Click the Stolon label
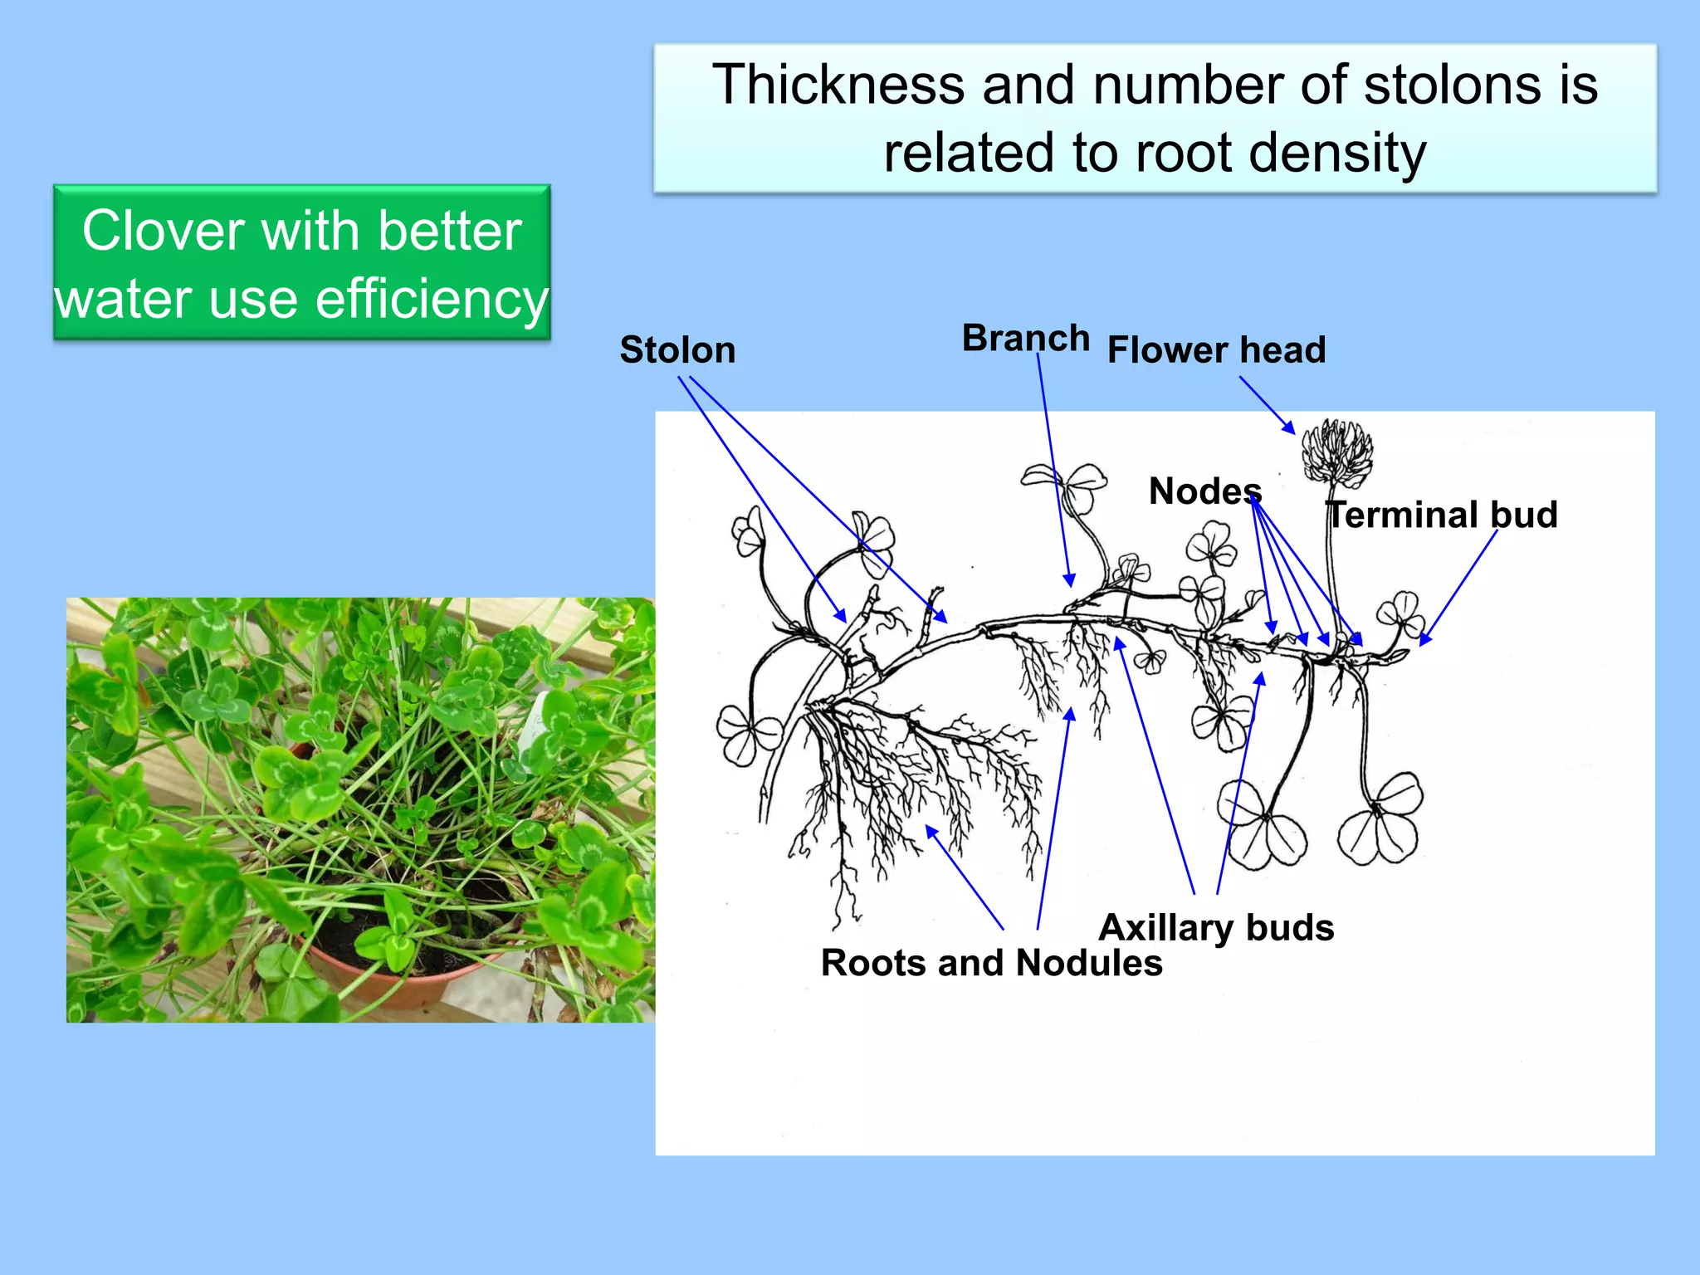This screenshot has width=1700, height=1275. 677,350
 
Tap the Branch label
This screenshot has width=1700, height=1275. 1025,339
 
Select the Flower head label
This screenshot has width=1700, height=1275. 1216,350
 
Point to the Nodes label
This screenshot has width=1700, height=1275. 1204,491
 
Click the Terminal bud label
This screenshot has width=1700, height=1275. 1443,515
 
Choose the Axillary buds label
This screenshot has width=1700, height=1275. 1216,928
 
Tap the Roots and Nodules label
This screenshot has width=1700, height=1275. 991,964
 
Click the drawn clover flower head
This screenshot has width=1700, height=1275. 1336,452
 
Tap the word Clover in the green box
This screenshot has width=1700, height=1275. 164,231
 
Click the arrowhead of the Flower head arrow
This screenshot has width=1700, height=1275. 1291,429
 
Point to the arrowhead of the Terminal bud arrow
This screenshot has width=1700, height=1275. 1424,641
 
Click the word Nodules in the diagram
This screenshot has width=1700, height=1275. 1088,964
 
